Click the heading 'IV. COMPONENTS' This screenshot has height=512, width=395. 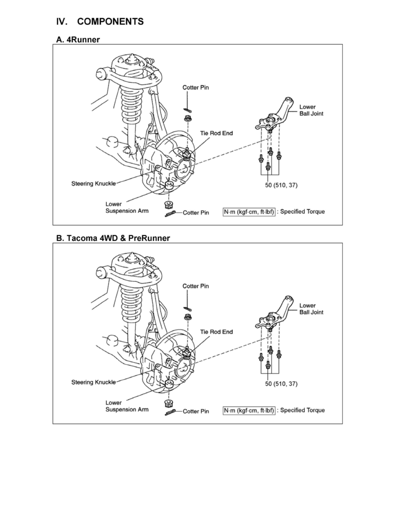(100, 22)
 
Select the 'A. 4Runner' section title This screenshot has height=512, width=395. (78, 40)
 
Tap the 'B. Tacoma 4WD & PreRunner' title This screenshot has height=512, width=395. (113, 238)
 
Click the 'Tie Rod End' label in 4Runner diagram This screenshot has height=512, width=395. (216, 133)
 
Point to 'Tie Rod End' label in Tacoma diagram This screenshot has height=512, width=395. (216, 332)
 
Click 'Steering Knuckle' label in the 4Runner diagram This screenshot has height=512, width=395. (93, 184)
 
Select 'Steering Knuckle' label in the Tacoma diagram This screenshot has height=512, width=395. (93, 382)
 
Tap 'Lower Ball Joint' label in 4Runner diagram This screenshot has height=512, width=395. (311, 110)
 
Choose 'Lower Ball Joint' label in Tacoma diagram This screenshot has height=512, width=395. (311, 309)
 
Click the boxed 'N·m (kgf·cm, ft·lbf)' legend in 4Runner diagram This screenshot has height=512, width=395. (249, 212)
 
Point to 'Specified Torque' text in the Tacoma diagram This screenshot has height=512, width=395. (302, 410)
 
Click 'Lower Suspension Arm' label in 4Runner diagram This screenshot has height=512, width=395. (127, 207)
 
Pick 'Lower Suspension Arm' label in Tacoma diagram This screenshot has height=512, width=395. (127, 406)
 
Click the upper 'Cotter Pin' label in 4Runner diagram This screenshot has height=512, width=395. (195, 87)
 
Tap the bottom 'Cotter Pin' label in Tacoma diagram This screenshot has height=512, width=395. (196, 411)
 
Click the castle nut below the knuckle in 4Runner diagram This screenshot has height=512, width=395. (169, 205)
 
